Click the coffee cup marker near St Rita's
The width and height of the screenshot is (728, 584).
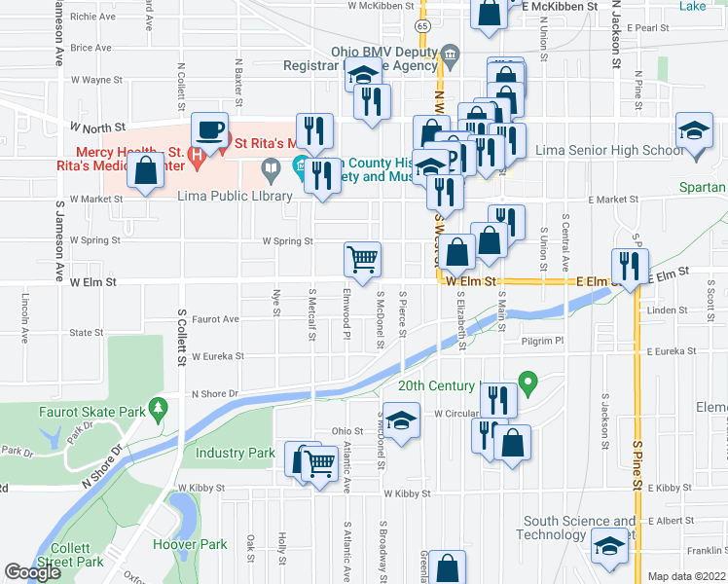(x=209, y=129)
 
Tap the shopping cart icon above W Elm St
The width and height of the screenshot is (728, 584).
(x=362, y=260)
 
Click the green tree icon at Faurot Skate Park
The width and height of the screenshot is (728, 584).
(x=157, y=405)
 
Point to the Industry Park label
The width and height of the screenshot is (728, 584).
(x=236, y=453)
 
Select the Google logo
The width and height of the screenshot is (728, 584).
(x=32, y=572)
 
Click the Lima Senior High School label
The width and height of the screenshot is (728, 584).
(x=610, y=150)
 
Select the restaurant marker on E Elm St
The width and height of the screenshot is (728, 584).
(x=628, y=265)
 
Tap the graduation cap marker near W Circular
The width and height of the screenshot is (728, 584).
(x=399, y=420)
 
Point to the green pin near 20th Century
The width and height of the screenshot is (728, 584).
(x=528, y=381)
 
